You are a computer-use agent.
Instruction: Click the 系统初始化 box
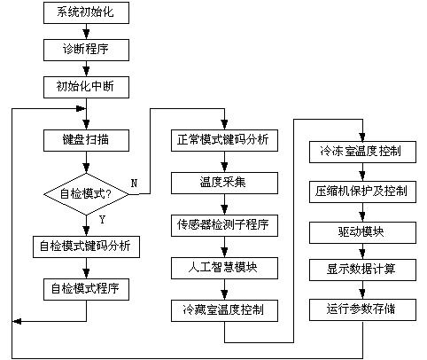click(86, 12)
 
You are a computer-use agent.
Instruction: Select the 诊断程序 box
click(86, 50)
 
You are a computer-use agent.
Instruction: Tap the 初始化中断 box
click(86, 87)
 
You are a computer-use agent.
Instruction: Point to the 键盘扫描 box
click(86, 140)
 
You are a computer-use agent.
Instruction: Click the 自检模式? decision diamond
click(86, 194)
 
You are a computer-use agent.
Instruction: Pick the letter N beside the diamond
click(134, 184)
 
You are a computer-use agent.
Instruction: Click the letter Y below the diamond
click(102, 220)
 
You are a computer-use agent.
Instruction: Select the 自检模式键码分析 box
click(86, 247)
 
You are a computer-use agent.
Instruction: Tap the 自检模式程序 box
click(86, 289)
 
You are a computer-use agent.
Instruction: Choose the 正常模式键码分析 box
click(224, 140)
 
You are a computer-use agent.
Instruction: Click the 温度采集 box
click(224, 183)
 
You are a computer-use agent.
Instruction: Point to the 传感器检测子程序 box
click(224, 225)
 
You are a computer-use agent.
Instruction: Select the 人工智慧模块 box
click(224, 268)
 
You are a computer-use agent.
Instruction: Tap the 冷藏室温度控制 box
click(224, 310)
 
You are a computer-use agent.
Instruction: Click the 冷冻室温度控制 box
click(362, 152)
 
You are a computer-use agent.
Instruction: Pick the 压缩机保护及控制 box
click(362, 192)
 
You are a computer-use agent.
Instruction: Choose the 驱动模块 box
click(362, 232)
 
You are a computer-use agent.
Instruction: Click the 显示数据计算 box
click(362, 270)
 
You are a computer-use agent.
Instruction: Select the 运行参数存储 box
click(362, 309)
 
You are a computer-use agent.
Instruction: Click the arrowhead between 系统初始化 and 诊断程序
click(86, 35)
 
